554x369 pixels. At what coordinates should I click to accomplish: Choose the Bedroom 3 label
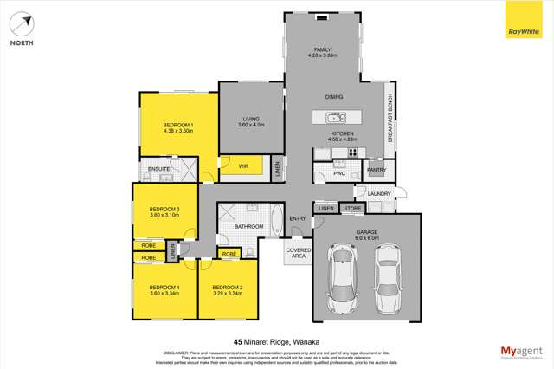coord(164,210)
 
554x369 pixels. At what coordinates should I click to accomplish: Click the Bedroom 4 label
coord(164,288)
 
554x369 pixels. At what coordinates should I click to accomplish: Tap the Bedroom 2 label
coord(228,288)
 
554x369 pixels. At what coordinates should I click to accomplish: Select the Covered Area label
coord(298,255)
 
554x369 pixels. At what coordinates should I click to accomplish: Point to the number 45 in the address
coord(238,342)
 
